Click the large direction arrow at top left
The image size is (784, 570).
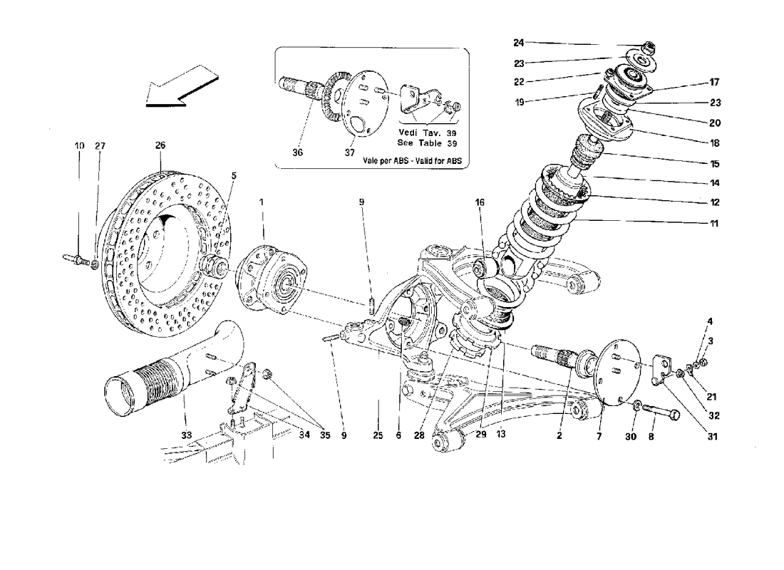coord(181,86)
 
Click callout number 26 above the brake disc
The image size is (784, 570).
coord(160,145)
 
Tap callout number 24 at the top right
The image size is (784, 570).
coord(518,43)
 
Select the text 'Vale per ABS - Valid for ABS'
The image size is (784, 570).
coord(412,162)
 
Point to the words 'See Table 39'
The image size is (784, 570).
coord(426,143)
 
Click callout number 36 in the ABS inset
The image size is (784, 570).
coord(297,152)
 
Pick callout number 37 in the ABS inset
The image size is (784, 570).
coord(349,152)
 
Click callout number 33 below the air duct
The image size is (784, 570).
coord(187,435)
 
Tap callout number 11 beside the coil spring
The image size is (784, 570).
coord(714,224)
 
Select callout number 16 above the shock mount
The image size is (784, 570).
coord(480,202)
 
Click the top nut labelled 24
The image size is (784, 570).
coord(649,48)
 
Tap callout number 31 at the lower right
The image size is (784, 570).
coord(713,437)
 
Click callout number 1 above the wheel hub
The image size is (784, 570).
coord(261,202)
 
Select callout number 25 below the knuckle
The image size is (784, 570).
coord(378,435)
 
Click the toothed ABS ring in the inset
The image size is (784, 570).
coord(331,93)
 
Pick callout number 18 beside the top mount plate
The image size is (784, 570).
coord(714,143)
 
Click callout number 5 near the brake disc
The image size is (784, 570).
coord(234,176)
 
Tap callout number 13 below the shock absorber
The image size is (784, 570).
coord(501,434)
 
